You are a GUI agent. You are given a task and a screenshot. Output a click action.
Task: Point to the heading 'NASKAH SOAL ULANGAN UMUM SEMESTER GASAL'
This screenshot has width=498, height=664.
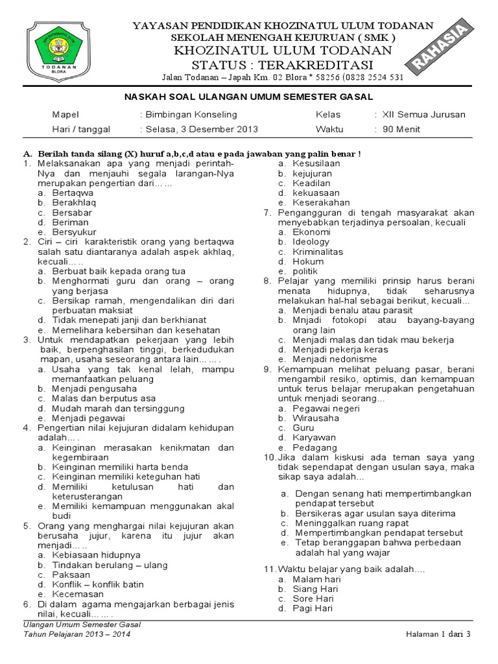point(248,97)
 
